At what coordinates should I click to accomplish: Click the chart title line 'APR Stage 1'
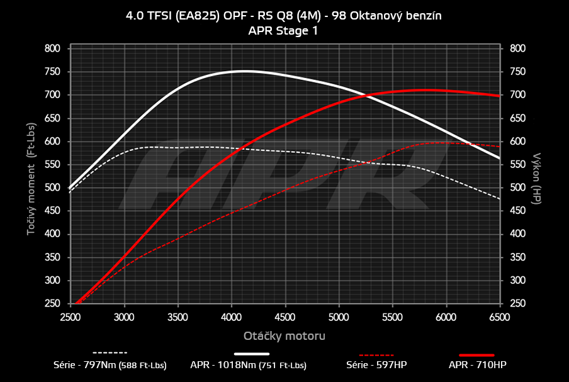(x=283, y=30)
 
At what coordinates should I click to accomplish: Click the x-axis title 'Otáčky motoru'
(x=284, y=335)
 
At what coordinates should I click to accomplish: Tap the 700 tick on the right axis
(x=517, y=95)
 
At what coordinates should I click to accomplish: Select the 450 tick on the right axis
(x=517, y=211)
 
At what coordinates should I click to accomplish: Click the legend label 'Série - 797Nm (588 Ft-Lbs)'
(x=110, y=364)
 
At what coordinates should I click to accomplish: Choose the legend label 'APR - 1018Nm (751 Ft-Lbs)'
(x=249, y=364)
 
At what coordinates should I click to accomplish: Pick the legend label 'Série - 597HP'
(x=378, y=364)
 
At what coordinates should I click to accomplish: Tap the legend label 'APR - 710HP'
(x=477, y=364)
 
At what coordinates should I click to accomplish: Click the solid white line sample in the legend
(x=256, y=354)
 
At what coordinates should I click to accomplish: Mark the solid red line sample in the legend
(x=477, y=354)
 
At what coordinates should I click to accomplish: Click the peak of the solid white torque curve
(x=244, y=71)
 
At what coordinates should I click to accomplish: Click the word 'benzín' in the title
(x=423, y=16)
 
